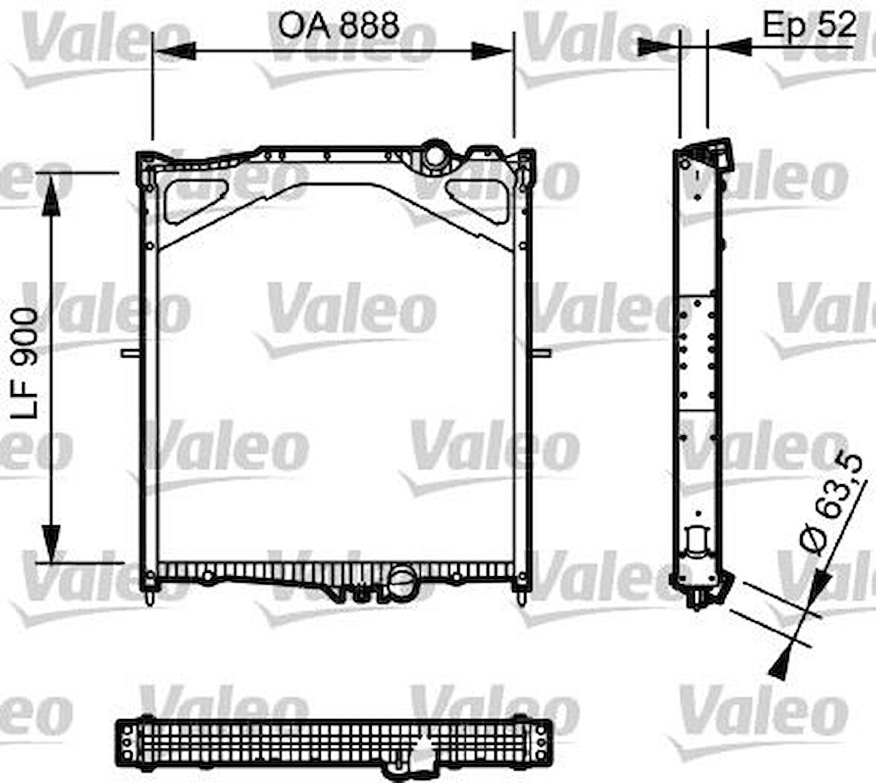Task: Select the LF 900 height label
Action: (25, 364)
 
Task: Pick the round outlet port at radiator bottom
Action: (402, 580)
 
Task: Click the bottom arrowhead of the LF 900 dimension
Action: (50, 542)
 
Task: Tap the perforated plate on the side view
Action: (697, 353)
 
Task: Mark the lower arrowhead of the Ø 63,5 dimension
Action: (779, 662)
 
